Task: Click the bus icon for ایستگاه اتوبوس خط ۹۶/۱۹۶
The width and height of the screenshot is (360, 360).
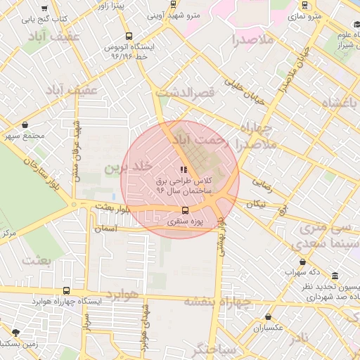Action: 128,36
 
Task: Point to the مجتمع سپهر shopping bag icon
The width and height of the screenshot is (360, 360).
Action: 25,124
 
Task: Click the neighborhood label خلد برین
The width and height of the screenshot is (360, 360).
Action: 128,167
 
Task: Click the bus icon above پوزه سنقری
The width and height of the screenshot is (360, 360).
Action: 185,210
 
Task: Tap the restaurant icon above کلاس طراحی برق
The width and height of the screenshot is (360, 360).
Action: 184,169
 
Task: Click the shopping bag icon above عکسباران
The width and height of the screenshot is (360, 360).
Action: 268,317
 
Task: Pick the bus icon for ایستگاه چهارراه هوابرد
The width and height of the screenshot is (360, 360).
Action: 67,290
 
